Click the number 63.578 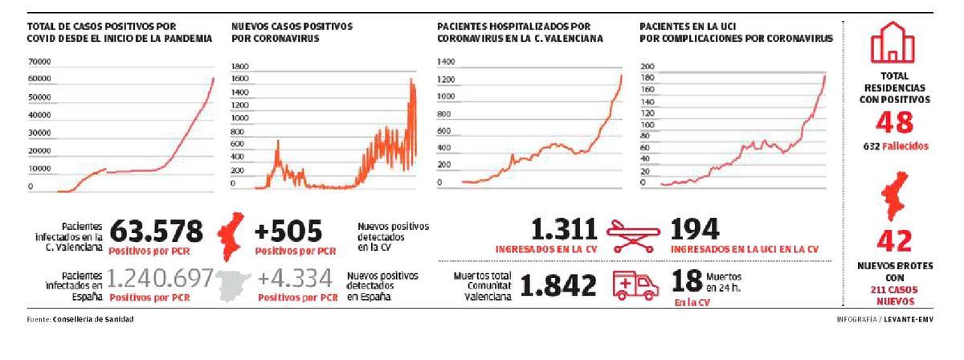[x=156, y=231]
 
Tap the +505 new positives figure [x=288, y=231]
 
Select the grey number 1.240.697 [x=160, y=280]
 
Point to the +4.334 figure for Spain [x=294, y=280]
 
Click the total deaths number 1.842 [x=559, y=284]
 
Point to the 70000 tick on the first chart [x=39, y=61]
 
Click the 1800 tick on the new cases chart [x=239, y=67]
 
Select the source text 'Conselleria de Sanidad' [x=94, y=320]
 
